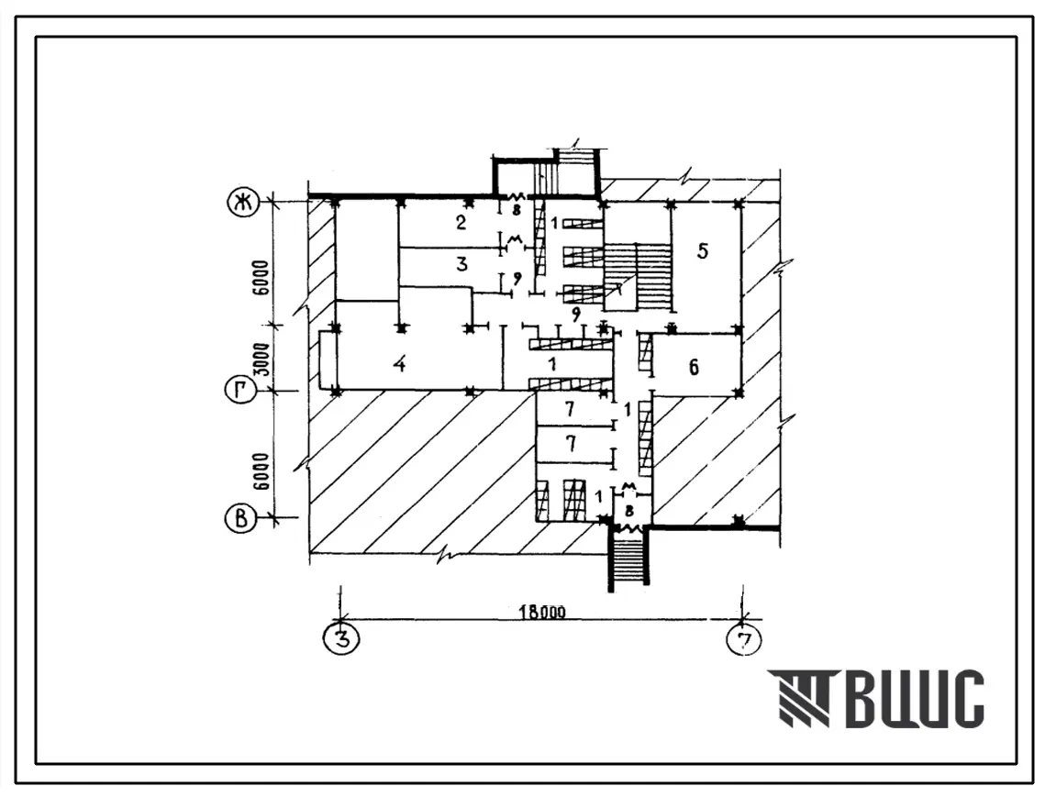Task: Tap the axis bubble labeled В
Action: [x=240, y=518]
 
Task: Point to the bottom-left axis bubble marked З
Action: [x=341, y=639]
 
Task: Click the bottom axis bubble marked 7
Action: [x=744, y=640]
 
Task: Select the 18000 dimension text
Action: [x=542, y=612]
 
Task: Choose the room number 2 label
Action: [x=461, y=222]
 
